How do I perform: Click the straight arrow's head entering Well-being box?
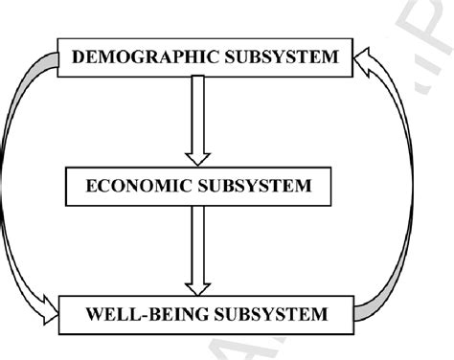pos(199,285)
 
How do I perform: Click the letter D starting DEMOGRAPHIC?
pos(79,58)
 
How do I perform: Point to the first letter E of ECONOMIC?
pos(92,186)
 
